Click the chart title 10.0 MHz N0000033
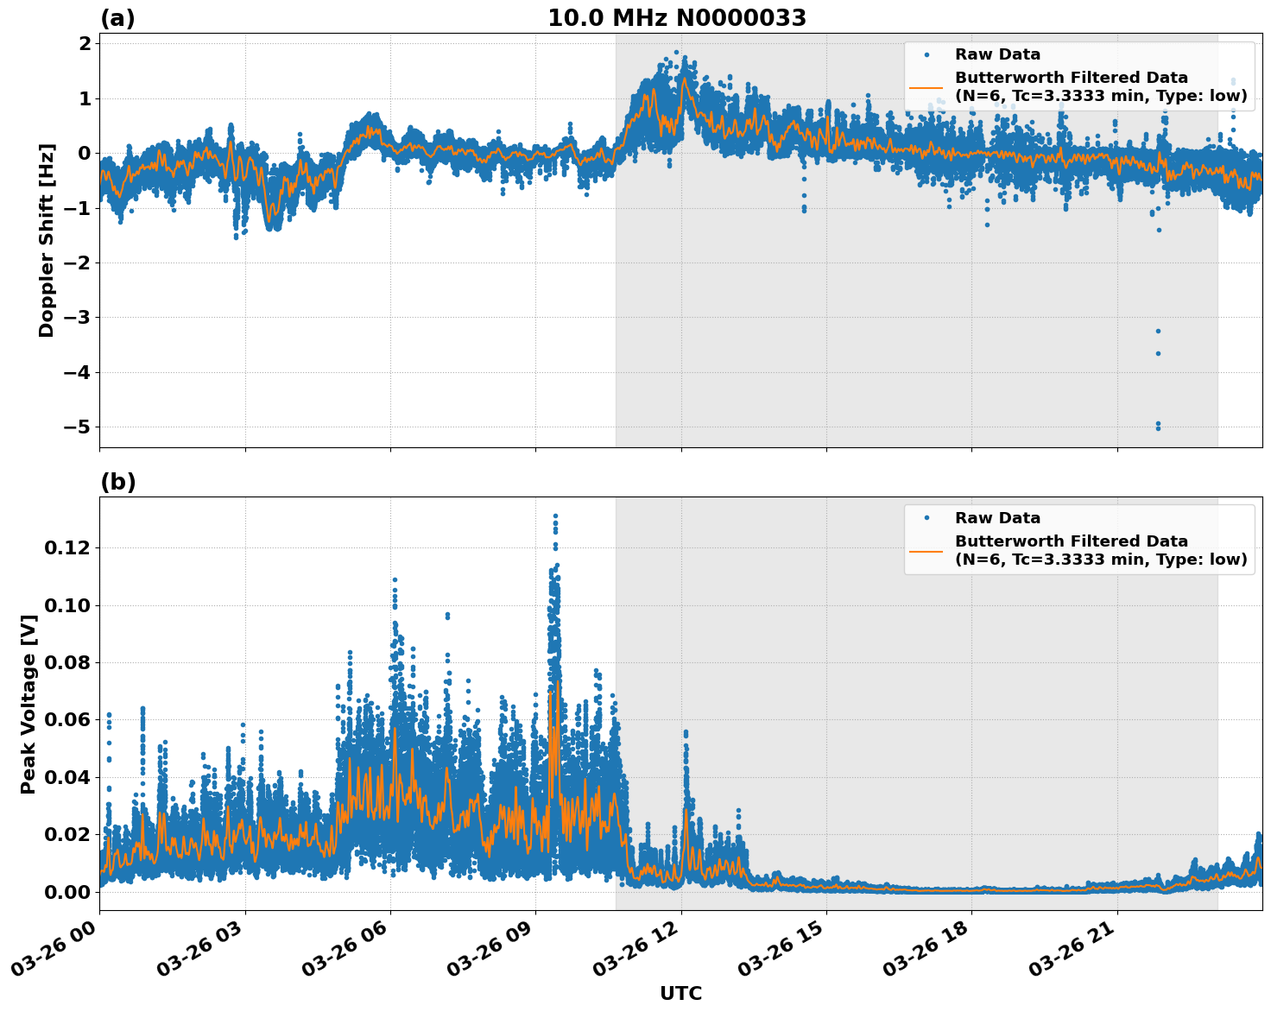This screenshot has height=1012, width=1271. (677, 18)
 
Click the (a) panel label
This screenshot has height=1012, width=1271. (117, 18)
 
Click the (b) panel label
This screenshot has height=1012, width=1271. (117, 482)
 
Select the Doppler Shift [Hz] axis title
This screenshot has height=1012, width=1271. (47, 240)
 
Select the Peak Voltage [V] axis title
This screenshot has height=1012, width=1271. (28, 704)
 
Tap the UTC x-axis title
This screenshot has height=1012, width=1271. (680, 993)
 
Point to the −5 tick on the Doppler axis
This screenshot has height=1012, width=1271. (73, 427)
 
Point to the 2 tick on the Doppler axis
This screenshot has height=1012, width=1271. (84, 44)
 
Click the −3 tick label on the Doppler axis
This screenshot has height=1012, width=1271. (73, 318)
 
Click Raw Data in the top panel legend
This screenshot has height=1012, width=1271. (997, 54)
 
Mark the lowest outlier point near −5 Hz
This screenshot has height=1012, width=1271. (1158, 428)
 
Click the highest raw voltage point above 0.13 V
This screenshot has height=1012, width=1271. (555, 516)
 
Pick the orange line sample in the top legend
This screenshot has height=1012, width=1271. (927, 87)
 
